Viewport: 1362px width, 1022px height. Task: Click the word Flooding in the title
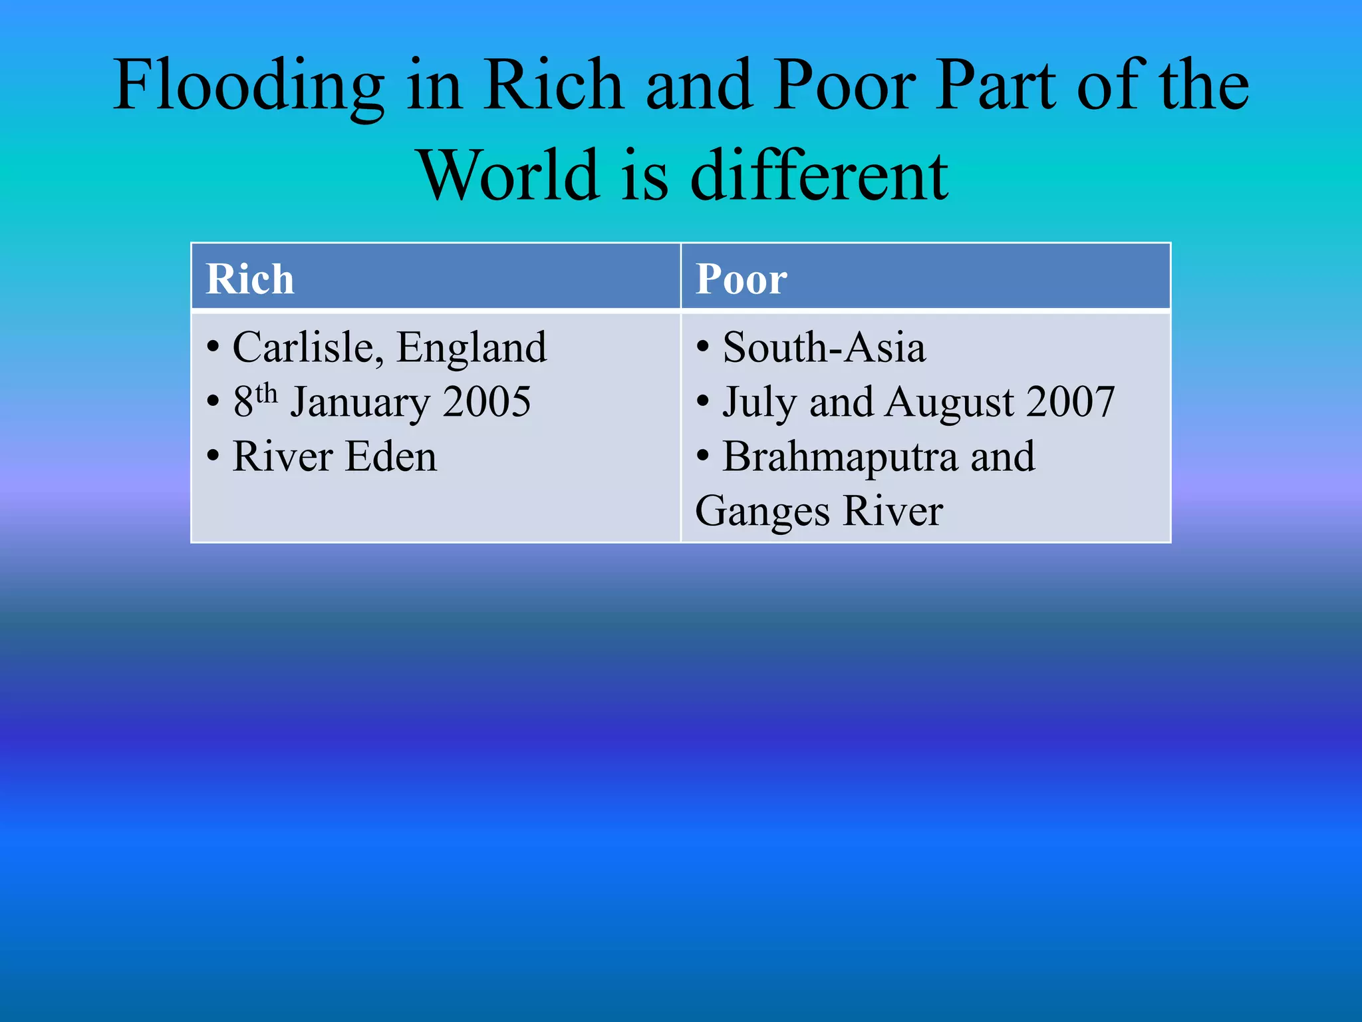[x=249, y=86]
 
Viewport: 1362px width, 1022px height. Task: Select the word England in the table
[x=472, y=347]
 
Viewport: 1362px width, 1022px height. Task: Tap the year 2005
[x=487, y=402]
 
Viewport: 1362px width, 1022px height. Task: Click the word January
[x=360, y=403]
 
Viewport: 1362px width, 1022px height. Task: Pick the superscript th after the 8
[x=266, y=393]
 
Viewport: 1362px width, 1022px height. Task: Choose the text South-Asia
[x=824, y=347]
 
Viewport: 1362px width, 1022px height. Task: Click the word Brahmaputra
[x=840, y=458]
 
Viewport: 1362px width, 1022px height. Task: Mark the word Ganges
[x=762, y=512]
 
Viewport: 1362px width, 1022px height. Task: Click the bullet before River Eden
[x=213, y=457]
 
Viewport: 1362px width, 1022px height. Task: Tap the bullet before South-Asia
[x=703, y=347]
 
